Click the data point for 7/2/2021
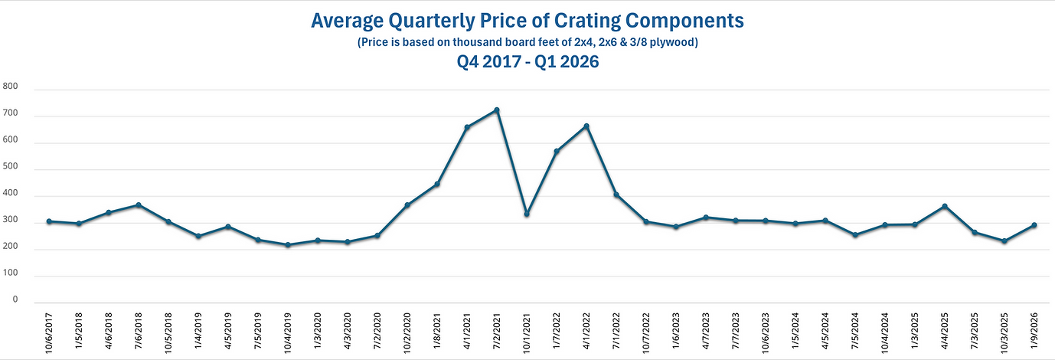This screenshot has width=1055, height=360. coord(497,110)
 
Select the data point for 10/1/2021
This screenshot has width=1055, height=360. coord(527,214)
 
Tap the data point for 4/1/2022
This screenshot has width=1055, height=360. coord(586,126)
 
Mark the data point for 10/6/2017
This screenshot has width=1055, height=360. coord(49,221)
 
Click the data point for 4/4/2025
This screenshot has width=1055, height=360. coord(945,206)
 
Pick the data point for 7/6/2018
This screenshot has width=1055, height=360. coord(139,205)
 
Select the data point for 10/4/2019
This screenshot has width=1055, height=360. coord(288,245)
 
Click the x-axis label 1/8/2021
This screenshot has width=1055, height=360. coord(437,329)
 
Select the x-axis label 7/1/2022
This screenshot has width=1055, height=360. coord(616,329)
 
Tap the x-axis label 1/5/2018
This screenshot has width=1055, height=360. coord(79,329)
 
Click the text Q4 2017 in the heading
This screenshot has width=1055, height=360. coord(487,63)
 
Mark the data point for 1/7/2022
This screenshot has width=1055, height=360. coord(557,152)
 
